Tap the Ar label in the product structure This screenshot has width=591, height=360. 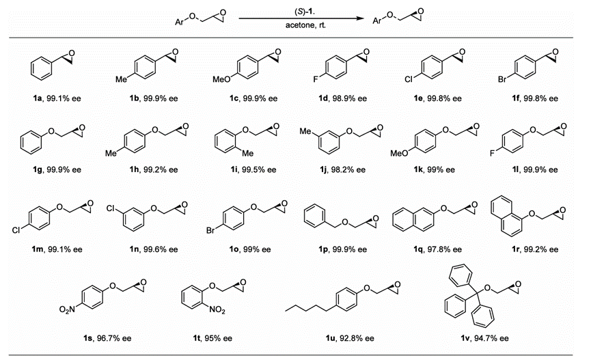coord(377,21)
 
